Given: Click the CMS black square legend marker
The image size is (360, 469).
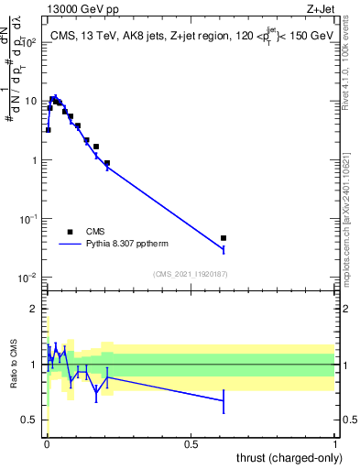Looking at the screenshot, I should [x=70, y=232].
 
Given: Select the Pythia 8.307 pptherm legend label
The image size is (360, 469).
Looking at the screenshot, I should [x=127, y=245].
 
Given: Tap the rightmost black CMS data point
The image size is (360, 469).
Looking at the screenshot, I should [x=224, y=238].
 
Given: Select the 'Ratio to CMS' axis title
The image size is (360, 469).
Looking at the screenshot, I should [x=15, y=365].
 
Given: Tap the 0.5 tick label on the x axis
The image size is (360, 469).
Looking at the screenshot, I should [x=191, y=443].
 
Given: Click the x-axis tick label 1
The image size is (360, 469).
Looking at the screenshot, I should [x=335, y=443].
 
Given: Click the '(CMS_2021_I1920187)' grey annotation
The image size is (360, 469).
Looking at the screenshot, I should [x=191, y=272].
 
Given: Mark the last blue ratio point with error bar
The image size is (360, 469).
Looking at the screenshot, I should [x=224, y=400].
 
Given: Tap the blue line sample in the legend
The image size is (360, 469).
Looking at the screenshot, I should [x=70, y=245].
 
